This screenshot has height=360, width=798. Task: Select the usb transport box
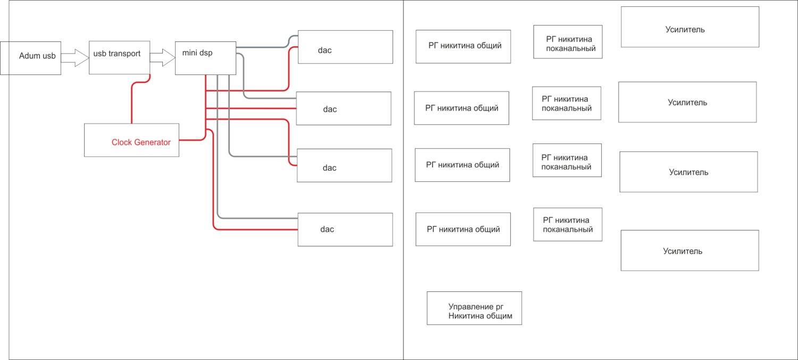(x=119, y=57)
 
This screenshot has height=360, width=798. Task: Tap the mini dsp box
(x=205, y=57)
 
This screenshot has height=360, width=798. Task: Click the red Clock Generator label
(x=141, y=143)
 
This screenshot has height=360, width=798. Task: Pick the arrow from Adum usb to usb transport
(x=74, y=57)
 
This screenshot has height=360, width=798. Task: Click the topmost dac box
(x=345, y=47)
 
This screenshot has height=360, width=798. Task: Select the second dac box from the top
(x=344, y=108)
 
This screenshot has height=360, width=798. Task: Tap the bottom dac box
(x=345, y=229)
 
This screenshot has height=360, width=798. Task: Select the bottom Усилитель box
(x=689, y=250)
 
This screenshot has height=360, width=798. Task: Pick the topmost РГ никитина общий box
(x=463, y=46)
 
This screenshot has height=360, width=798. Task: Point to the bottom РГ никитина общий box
(x=463, y=229)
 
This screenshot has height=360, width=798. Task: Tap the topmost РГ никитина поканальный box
(x=568, y=41)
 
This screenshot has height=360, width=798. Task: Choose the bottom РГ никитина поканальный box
(x=568, y=224)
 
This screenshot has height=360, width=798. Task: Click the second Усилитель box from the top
(x=687, y=102)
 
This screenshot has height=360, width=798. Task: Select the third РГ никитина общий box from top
(x=462, y=165)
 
